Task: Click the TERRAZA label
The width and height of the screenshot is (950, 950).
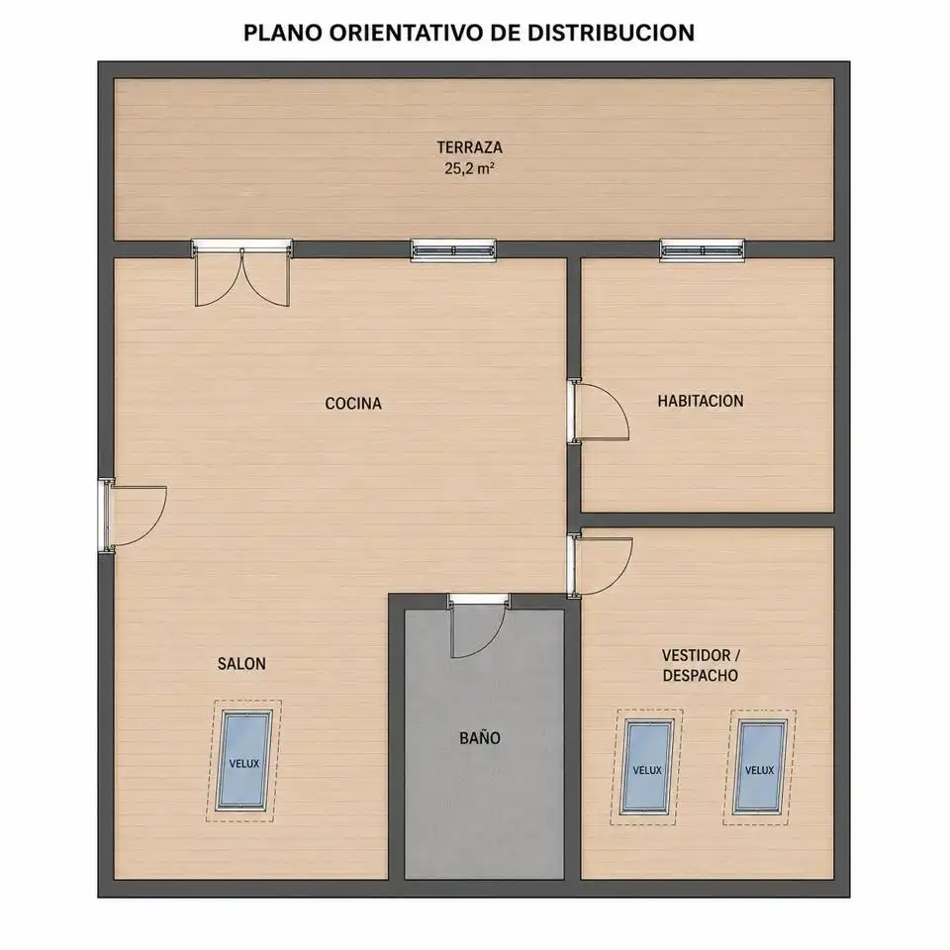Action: click(x=469, y=147)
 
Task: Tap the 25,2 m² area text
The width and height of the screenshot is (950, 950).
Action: click(x=469, y=168)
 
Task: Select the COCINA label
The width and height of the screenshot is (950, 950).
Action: click(x=353, y=404)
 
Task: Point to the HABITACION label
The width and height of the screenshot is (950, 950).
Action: click(x=701, y=401)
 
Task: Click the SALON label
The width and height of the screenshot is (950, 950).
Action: click(x=241, y=664)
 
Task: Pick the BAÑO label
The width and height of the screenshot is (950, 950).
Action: click(x=480, y=738)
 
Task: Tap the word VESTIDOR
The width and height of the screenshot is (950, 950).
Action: click(x=696, y=655)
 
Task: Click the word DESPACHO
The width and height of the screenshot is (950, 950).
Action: click(x=701, y=676)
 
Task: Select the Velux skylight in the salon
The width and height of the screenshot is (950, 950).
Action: click(x=244, y=761)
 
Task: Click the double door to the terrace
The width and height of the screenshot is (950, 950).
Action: click(x=241, y=273)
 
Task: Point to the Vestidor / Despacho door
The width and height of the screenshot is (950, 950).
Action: click(x=600, y=566)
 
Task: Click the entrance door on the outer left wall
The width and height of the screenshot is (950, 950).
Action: click(x=132, y=515)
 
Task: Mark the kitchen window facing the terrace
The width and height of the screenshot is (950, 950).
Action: click(x=453, y=250)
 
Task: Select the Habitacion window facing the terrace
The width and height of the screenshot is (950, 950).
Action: click(x=703, y=250)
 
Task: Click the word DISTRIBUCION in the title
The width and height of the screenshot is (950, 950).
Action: click(x=611, y=34)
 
